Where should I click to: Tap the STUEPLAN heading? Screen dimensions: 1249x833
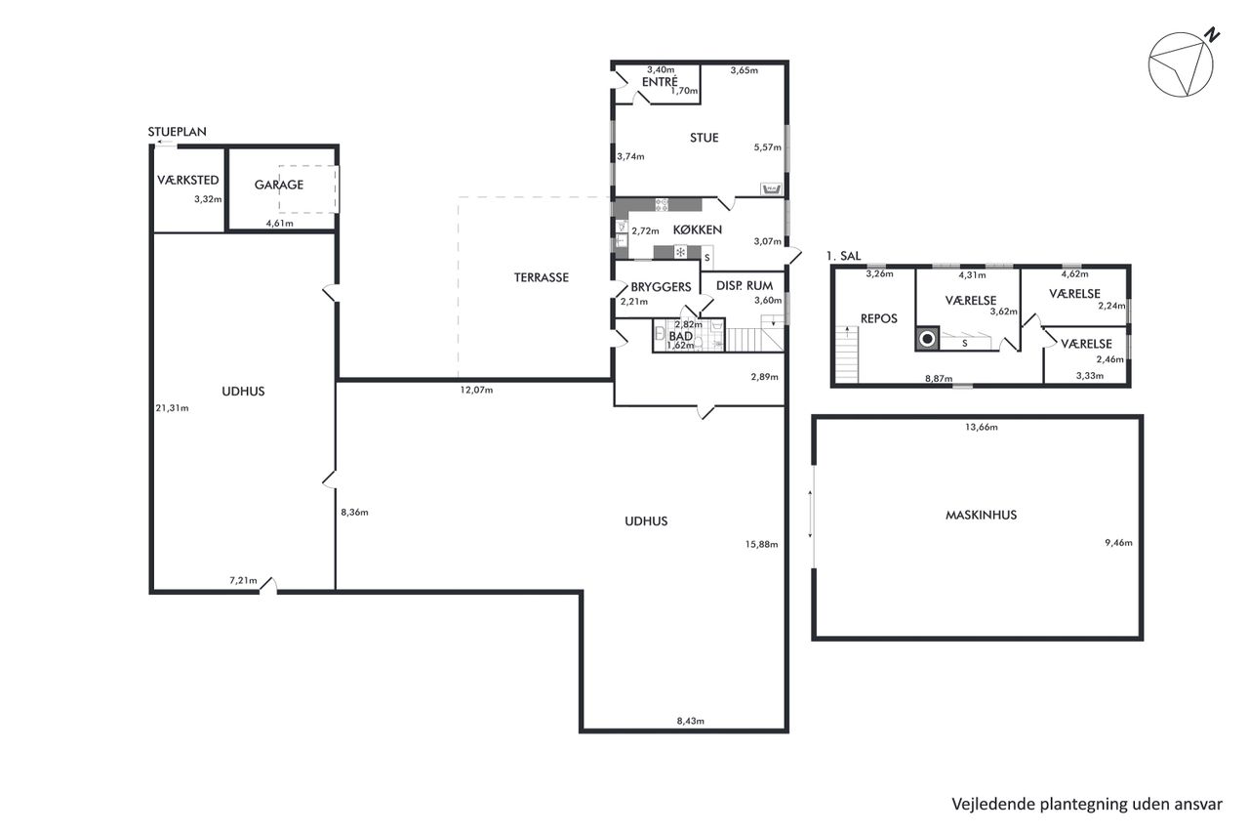[177, 132]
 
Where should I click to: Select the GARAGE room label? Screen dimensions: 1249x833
[279, 185]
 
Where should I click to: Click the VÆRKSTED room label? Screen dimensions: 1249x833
[188, 181]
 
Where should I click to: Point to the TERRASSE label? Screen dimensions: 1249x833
[541, 277]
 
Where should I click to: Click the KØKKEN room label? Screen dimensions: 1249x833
[697, 229]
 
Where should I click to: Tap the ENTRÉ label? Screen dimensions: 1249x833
[660, 81]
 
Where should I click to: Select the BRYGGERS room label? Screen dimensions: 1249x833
[661, 287]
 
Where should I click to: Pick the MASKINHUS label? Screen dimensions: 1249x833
[981, 515]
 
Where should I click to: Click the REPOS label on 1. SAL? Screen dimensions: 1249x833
[879, 318]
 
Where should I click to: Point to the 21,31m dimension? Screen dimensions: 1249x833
[172, 408]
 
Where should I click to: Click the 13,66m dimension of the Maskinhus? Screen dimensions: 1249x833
[982, 427]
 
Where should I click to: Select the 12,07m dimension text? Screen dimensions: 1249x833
[476, 390]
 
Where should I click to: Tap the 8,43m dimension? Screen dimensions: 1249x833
[690, 721]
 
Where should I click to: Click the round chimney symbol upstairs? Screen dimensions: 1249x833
[927, 339]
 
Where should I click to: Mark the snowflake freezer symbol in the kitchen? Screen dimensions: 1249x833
[680, 252]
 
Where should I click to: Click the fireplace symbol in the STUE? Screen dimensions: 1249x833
[772, 189]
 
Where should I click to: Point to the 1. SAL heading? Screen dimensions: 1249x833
[843, 256]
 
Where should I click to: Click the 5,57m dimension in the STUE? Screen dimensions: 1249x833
[767, 147]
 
